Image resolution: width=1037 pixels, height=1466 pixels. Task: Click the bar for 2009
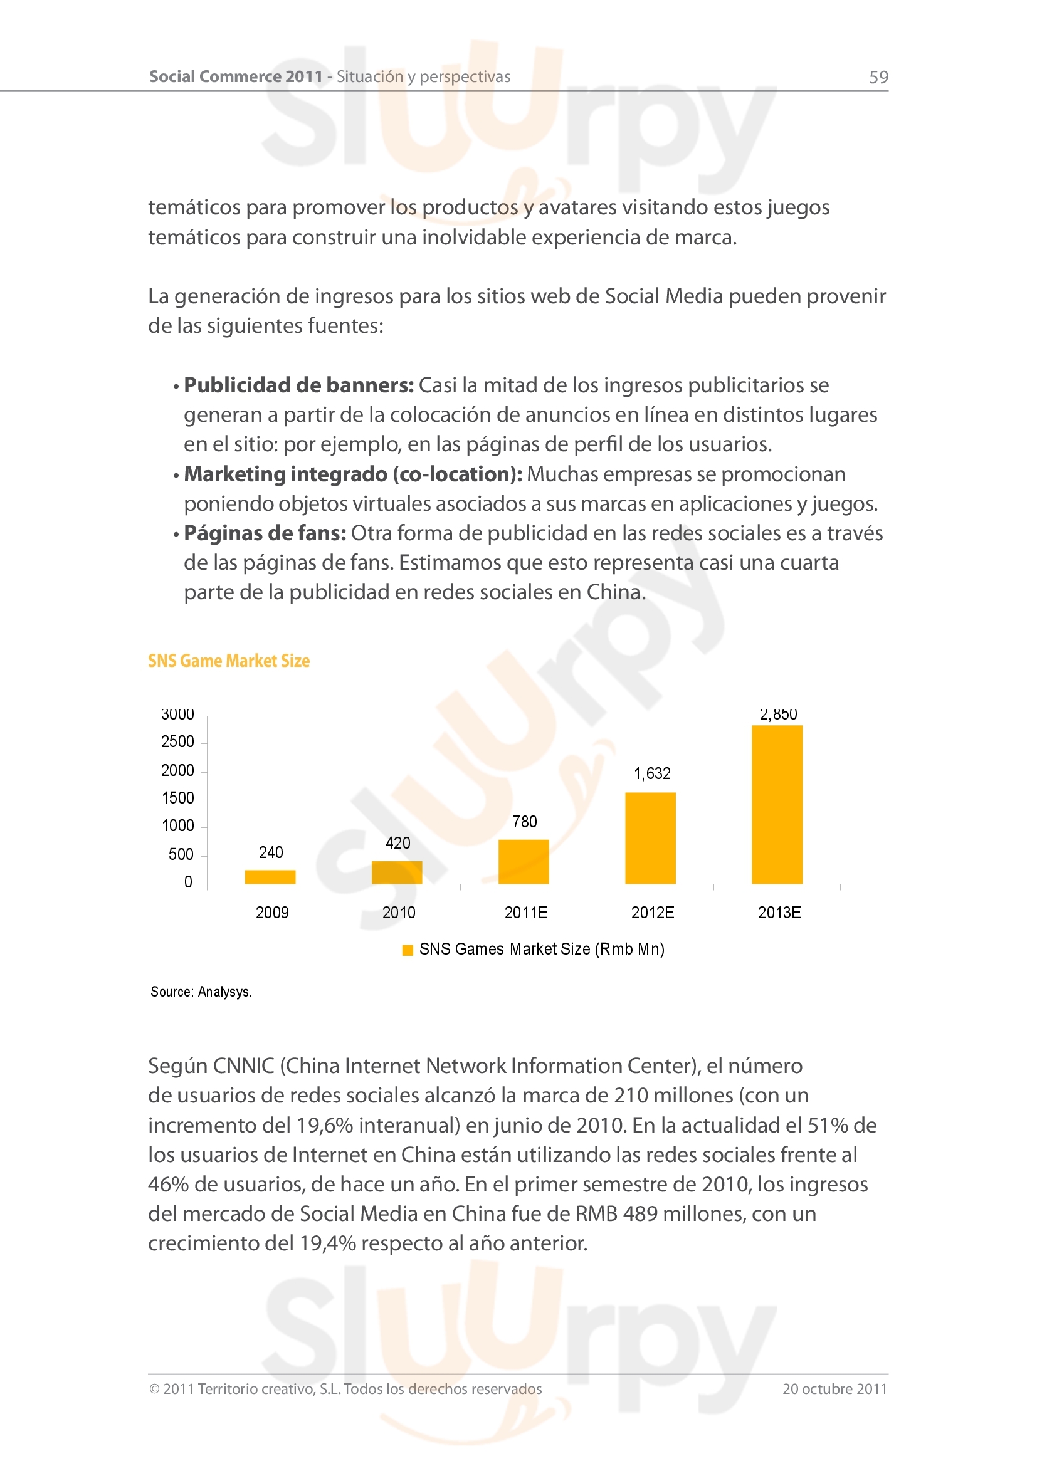270,877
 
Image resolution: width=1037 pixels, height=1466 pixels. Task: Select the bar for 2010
396,872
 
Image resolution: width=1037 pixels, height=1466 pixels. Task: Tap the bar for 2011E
524,861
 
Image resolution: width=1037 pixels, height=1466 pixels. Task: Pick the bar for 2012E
650,838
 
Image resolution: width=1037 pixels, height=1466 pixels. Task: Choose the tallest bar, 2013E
776,804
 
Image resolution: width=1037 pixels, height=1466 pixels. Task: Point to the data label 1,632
652,774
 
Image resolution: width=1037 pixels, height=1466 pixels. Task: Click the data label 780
524,822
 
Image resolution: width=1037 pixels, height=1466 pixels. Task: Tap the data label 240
271,852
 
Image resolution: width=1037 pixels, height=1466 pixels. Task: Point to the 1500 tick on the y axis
177,798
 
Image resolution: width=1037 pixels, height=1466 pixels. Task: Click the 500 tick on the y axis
181,854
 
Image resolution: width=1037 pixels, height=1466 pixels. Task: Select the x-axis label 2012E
653,913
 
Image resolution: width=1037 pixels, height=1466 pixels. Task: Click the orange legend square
408,950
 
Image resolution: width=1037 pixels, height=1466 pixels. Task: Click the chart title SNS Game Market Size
229,661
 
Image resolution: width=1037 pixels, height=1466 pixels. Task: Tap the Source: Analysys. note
201,992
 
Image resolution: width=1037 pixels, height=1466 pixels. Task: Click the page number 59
878,77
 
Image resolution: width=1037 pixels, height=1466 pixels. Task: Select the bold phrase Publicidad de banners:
299,385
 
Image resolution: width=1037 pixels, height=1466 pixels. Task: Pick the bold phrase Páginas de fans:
265,533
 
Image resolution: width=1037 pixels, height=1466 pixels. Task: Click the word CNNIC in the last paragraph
243,1066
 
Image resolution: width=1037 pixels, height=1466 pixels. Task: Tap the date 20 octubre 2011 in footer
834,1389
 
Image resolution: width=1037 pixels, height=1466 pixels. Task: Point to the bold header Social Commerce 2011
236,76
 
